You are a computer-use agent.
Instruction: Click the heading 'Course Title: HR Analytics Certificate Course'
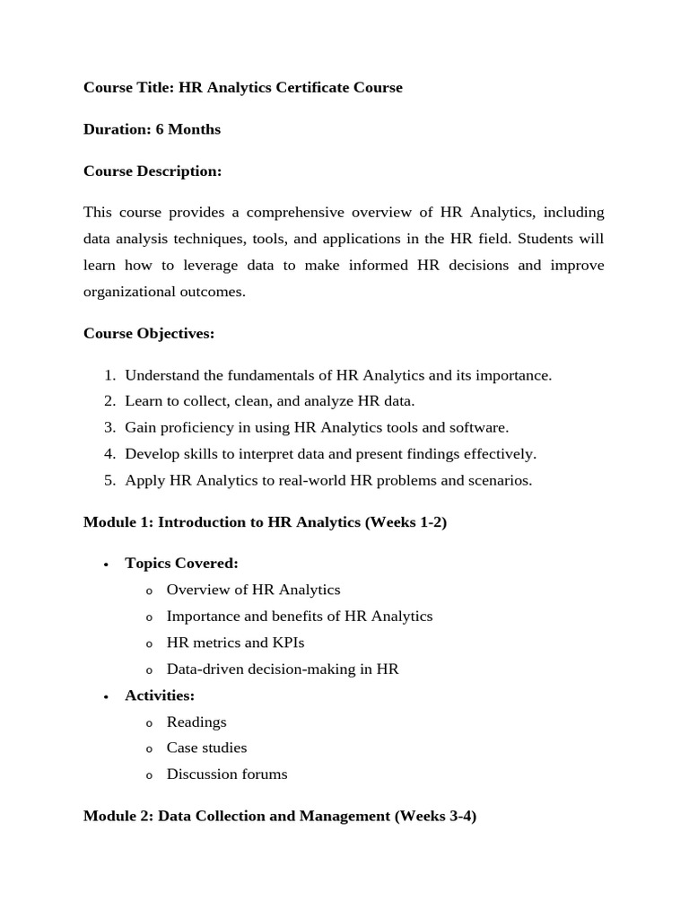coord(242,87)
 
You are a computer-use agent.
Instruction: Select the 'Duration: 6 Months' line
coord(152,129)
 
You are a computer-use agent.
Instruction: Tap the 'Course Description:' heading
coord(152,171)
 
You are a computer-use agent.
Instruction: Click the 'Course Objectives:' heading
coord(149,333)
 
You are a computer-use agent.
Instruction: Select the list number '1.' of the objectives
coord(109,375)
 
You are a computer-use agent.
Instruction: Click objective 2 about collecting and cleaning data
coord(269,401)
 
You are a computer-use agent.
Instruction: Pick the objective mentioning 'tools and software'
coord(317,427)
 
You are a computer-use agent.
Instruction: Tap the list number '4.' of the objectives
coord(109,453)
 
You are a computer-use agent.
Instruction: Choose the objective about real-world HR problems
coord(328,480)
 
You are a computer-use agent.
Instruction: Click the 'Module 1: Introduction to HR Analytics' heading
coord(265,522)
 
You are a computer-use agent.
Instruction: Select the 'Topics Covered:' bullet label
coord(181,564)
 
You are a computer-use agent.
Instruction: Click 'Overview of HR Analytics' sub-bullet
coord(253,590)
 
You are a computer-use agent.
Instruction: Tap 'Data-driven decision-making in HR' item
coord(283,669)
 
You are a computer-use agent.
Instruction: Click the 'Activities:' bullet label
coord(160,696)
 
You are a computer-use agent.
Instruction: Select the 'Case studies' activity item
coord(206,748)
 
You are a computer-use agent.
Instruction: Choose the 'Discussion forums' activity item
coord(227,774)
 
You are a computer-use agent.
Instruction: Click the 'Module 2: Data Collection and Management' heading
coord(279,816)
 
